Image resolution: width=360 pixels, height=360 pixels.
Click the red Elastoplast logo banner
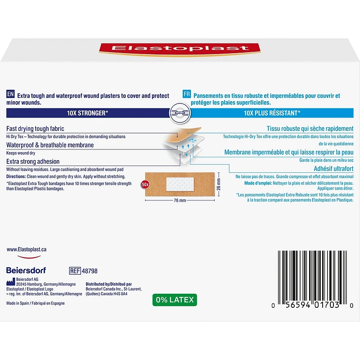coord(180,49)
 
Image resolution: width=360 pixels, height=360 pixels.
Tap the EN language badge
coord(10,94)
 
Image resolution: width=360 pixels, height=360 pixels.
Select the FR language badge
coord(187,94)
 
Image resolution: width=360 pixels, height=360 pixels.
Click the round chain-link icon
coord(180,113)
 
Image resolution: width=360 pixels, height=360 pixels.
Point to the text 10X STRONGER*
coord(87,113)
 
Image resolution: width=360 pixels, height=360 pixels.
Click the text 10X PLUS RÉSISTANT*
coord(272,113)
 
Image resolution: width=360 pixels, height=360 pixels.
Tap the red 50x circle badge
coord(145,184)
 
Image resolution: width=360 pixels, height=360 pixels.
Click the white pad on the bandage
coord(180,184)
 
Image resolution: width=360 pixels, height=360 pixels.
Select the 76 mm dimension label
coord(180,200)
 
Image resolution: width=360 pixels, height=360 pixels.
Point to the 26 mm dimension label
coord(219,184)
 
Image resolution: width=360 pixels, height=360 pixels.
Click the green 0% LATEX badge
coord(175,300)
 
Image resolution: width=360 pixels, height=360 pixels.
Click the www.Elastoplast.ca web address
coord(27,250)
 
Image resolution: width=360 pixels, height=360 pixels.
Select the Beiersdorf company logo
coord(26,270)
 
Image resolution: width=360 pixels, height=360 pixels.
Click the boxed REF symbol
coord(75,271)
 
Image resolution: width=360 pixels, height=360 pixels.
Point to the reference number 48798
coord(90,271)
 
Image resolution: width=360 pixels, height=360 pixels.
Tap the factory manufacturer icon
coord(10,282)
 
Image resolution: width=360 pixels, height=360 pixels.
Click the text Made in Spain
coord(18,303)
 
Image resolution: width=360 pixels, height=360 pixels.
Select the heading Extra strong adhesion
coord(33,162)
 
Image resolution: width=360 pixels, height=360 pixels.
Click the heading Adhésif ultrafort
coord(333,169)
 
